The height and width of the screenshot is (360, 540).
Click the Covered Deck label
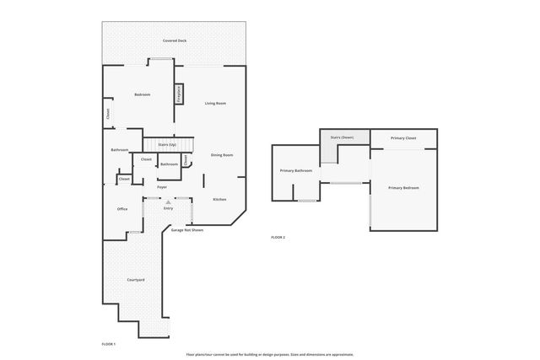click(175, 40)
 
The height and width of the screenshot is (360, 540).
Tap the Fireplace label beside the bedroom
click(179, 94)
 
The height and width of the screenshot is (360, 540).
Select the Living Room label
click(215, 103)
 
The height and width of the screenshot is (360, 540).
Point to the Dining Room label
click(221, 155)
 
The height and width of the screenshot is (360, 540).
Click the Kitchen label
click(219, 199)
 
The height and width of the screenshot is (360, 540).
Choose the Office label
click(122, 209)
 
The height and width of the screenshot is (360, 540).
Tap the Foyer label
click(161, 187)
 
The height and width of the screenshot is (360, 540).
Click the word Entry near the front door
click(168, 208)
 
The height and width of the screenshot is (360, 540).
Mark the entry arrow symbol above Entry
click(168, 201)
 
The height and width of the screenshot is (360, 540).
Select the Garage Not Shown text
click(187, 229)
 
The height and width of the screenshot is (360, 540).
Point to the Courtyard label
click(136, 279)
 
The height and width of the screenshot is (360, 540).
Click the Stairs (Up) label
click(167, 144)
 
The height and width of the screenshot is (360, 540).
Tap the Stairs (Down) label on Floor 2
click(342, 137)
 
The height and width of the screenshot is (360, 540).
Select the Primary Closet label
click(403, 137)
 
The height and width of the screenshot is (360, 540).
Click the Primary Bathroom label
click(296, 171)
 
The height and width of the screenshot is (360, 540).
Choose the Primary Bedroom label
click(403, 187)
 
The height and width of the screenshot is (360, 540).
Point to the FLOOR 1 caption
click(108, 344)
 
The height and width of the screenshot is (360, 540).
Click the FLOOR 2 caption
click(278, 238)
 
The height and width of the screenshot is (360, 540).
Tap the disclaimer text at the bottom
click(269, 354)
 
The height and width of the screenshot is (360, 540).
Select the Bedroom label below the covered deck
click(142, 94)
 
